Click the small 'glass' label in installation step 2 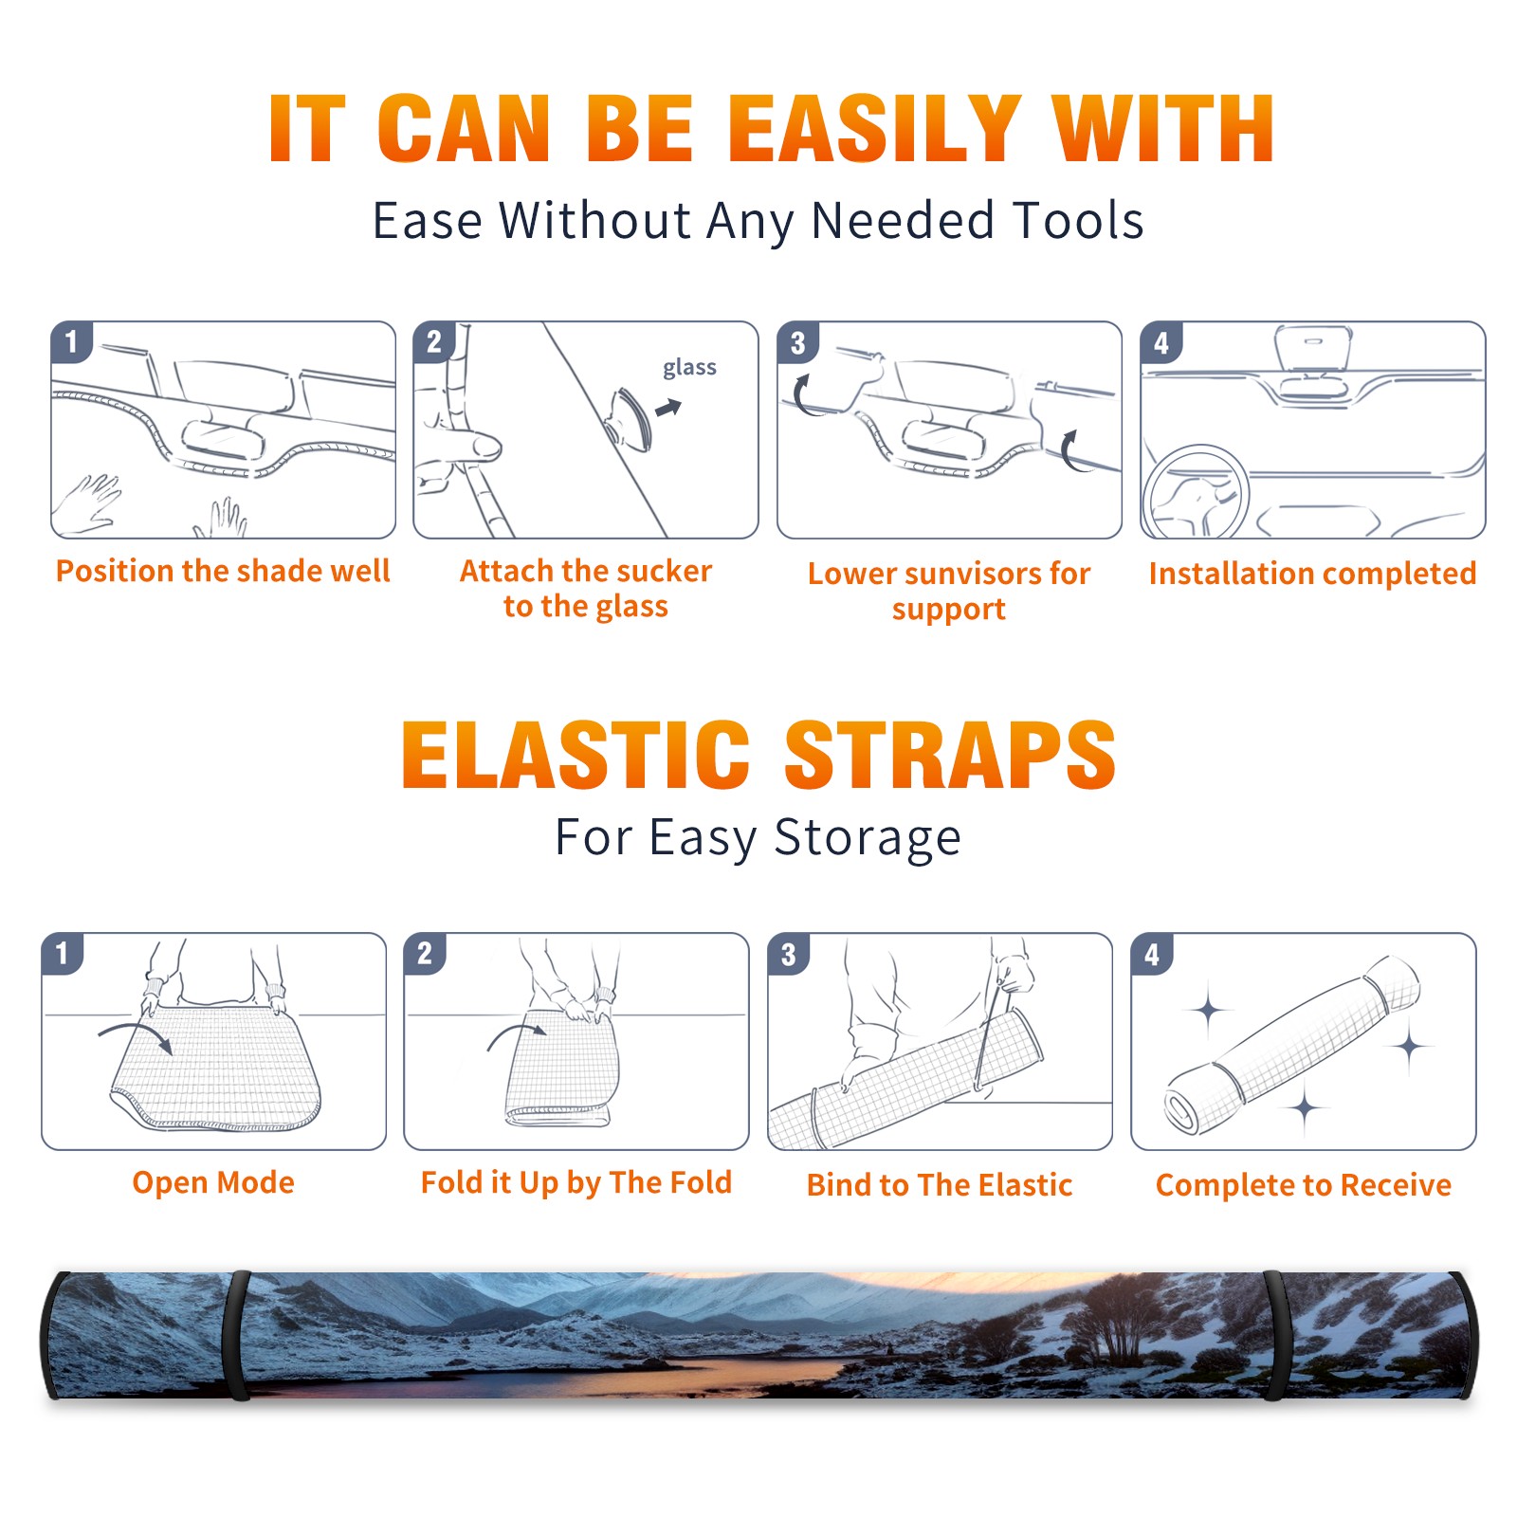pyautogui.click(x=689, y=367)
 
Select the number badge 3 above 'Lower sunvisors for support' pyautogui.click(x=796, y=342)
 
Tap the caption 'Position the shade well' pyautogui.click(x=223, y=571)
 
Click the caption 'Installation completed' pyautogui.click(x=1312, y=574)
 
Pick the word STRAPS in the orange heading pyautogui.click(x=950, y=755)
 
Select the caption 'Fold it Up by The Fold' pyautogui.click(x=576, y=1182)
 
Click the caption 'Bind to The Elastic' pyautogui.click(x=940, y=1185)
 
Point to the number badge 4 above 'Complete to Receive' pyautogui.click(x=1152, y=954)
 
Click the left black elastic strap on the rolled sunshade pyautogui.click(x=237, y=1335)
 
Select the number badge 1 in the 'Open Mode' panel pyautogui.click(x=63, y=954)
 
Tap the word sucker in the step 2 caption pyautogui.click(x=661, y=571)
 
